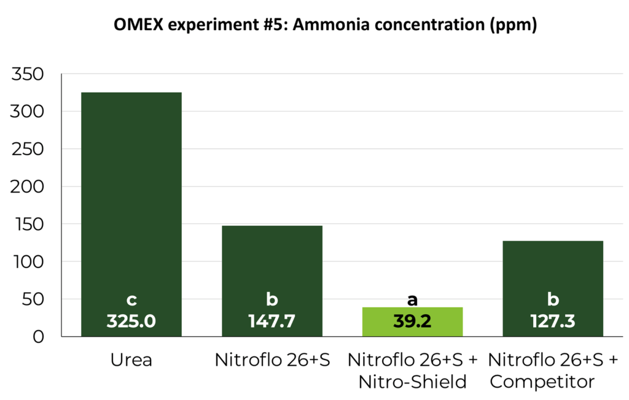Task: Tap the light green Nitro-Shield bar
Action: (x=413, y=321)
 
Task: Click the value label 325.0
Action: (x=131, y=321)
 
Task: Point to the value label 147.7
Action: (x=272, y=321)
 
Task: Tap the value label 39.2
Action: (x=413, y=321)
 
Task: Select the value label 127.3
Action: (x=553, y=321)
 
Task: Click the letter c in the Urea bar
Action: (x=131, y=301)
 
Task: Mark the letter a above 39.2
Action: (x=413, y=299)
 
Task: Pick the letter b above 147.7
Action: (x=272, y=299)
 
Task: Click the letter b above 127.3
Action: (x=553, y=299)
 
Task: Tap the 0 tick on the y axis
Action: (x=39, y=337)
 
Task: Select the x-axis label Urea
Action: (x=131, y=360)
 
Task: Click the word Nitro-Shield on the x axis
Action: (x=413, y=382)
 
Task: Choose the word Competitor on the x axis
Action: (x=543, y=382)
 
